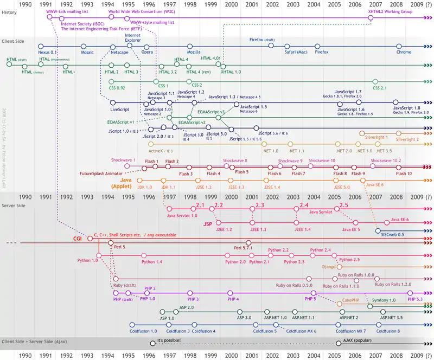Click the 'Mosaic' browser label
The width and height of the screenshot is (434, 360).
87,53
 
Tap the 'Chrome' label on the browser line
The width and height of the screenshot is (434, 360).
404,53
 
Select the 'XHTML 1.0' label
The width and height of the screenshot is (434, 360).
231,72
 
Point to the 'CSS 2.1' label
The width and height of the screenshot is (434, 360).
380,87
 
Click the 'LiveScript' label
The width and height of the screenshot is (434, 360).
119,110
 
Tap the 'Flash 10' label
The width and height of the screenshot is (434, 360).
404,173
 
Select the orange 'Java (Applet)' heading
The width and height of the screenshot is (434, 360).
126,183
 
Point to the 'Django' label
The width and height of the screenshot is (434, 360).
329,267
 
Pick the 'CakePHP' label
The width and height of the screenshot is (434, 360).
353,300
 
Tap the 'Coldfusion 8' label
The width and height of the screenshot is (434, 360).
388,331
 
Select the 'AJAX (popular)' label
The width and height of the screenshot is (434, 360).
360,340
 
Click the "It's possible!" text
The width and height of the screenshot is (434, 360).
169,340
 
